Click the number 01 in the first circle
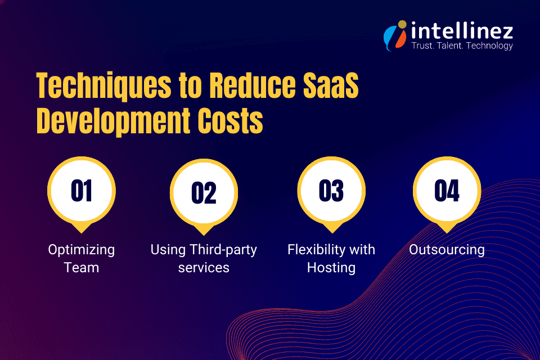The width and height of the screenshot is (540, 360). [x=82, y=191]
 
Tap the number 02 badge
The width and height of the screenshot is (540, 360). [x=204, y=193]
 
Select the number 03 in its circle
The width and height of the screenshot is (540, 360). [x=331, y=191]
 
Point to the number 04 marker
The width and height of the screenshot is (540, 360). [x=447, y=191]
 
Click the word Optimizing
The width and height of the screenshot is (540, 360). [x=82, y=250]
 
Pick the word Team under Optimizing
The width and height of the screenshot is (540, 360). [x=82, y=268]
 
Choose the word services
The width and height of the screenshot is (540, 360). [x=204, y=268]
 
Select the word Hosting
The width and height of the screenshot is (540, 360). [x=331, y=268]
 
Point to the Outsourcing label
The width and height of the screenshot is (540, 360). [x=447, y=250]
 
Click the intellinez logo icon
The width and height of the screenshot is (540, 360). [x=394, y=35]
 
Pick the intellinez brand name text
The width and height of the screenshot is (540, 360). [x=461, y=29]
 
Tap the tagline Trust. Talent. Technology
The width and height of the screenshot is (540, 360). [x=461, y=46]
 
